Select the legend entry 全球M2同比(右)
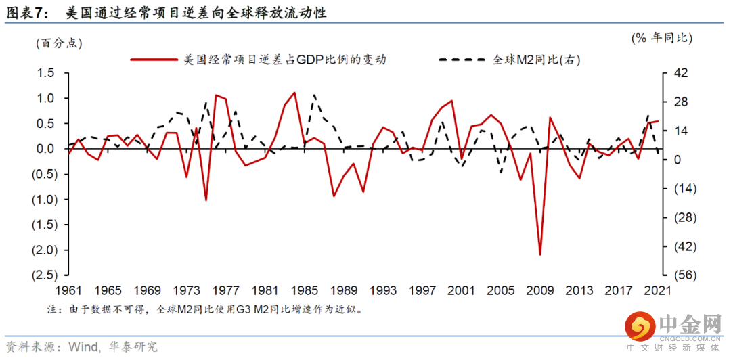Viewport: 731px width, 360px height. (x=537, y=60)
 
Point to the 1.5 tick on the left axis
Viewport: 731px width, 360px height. (x=45, y=72)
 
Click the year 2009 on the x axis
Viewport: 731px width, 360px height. (x=539, y=290)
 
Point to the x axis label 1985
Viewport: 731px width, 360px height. (x=304, y=290)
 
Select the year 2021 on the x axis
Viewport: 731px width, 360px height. (x=657, y=290)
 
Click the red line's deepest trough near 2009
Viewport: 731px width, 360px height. (x=540, y=254)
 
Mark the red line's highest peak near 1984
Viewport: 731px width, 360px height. (x=294, y=93)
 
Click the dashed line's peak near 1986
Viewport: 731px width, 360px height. (x=314, y=95)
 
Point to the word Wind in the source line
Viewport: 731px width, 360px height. (x=83, y=347)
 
